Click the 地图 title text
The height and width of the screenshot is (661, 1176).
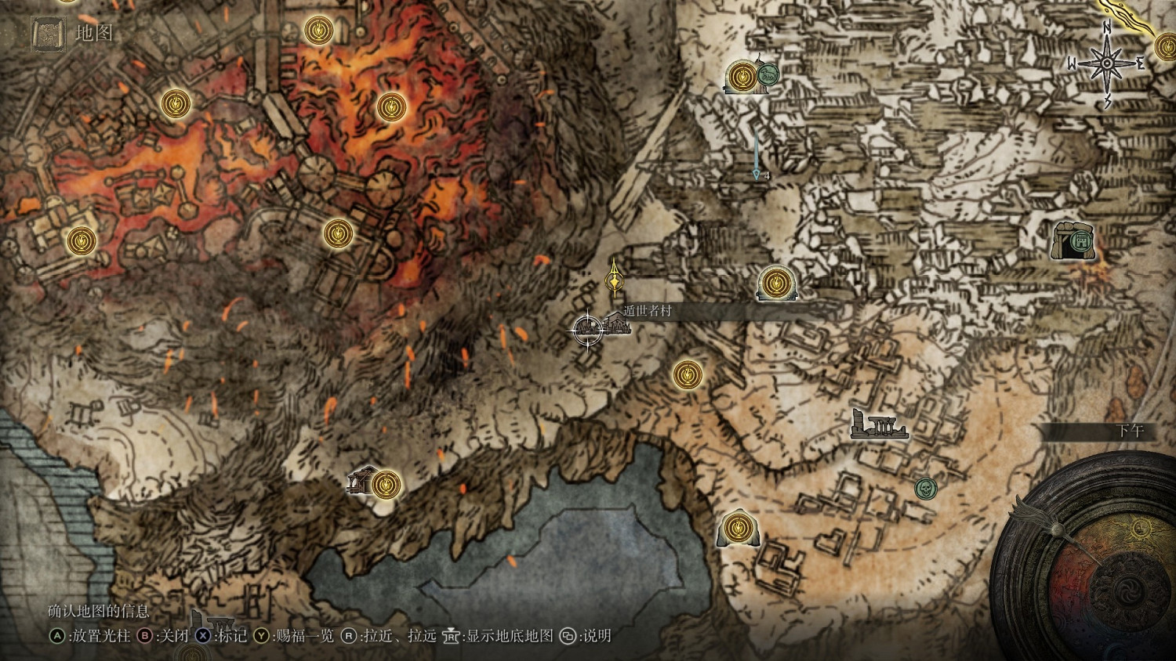tap(94, 33)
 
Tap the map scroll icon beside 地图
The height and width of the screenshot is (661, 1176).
tap(48, 34)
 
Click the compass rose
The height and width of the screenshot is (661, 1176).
tap(1106, 63)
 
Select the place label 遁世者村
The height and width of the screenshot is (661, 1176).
tap(648, 311)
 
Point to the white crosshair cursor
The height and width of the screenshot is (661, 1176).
tap(588, 329)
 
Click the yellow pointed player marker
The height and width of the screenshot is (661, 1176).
tap(615, 279)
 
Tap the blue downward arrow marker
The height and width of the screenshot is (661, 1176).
tap(757, 174)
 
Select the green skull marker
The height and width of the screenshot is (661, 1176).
tap(926, 489)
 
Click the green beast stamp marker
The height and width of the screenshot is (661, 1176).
tap(768, 75)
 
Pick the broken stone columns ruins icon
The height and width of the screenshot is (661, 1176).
tap(879, 425)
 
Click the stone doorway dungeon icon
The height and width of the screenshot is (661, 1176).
tap(1073, 240)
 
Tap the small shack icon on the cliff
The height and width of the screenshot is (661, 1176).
tap(361, 479)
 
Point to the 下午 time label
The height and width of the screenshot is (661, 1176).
tap(1130, 431)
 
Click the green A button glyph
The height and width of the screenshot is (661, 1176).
tap(57, 636)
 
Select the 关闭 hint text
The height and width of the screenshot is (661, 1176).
tap(173, 636)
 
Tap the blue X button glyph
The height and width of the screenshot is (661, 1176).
tap(203, 636)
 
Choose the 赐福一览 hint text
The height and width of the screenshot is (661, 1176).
tap(305, 636)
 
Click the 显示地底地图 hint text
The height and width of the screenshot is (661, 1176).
tap(510, 636)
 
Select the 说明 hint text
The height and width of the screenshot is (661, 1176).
tap(597, 636)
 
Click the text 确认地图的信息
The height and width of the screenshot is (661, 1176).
tap(99, 611)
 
